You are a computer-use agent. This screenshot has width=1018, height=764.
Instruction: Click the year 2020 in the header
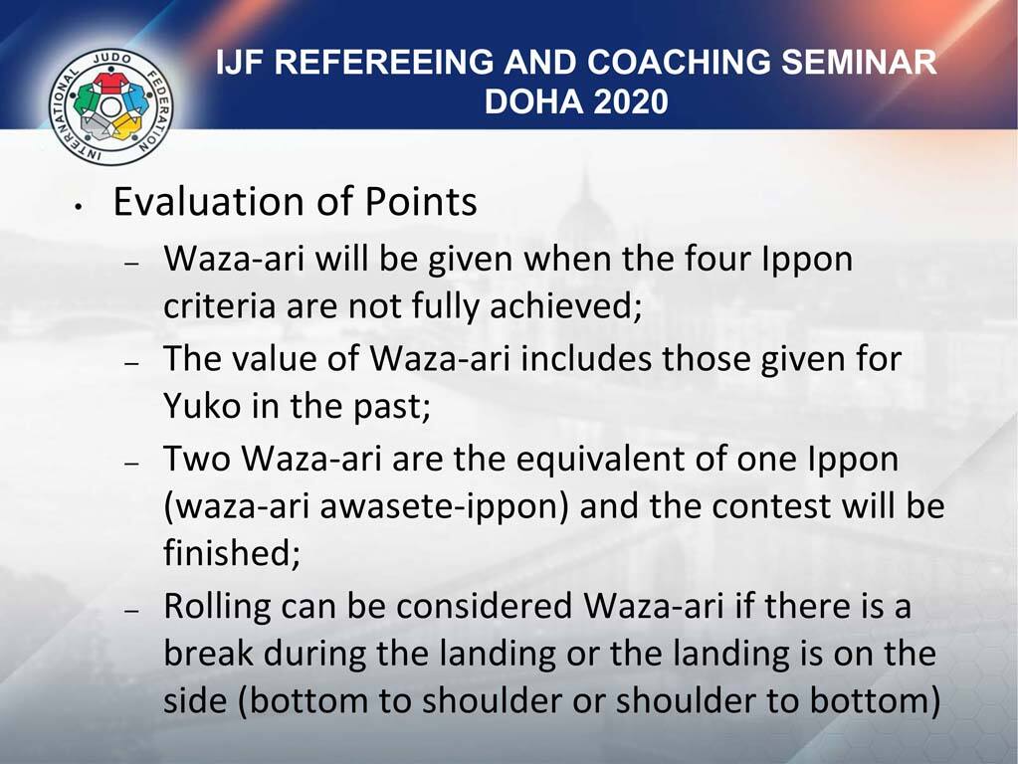click(x=631, y=101)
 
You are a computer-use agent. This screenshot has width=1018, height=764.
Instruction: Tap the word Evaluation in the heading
click(x=208, y=201)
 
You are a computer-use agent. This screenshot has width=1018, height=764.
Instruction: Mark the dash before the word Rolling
click(x=134, y=610)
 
